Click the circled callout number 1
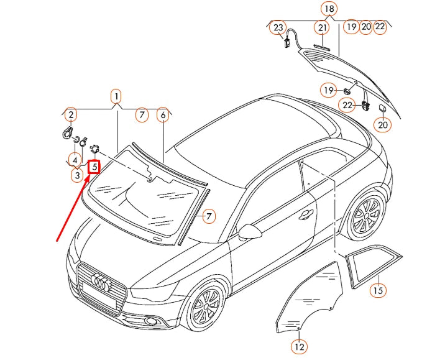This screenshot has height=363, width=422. pos(116,96)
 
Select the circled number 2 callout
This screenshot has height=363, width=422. pos(71,114)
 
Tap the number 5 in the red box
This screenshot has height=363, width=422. pos(94,167)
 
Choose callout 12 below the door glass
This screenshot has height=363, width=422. pos(299,346)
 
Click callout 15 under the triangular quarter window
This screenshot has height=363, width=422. pos(378,290)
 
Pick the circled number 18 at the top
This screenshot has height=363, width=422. pos(329,9)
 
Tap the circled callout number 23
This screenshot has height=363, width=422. pos(278,27)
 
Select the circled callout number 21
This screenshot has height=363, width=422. pos(322,27)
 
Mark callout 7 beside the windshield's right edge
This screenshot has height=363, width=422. pos(209,216)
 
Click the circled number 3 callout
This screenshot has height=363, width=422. pos(76,175)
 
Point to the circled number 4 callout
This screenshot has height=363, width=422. pos(75,160)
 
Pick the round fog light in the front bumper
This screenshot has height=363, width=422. pos(150,321)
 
